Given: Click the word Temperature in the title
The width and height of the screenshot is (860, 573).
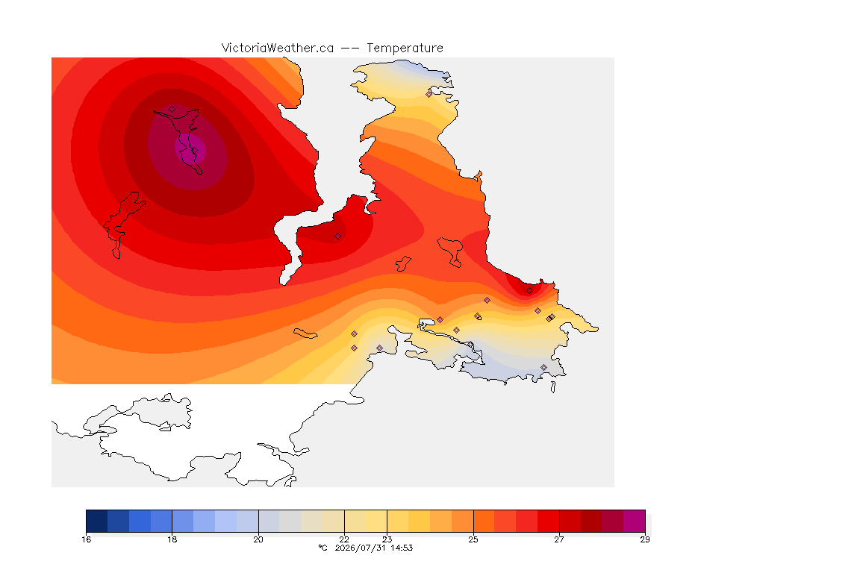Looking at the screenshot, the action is (405, 48).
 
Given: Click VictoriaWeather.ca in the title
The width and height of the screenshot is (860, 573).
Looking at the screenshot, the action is (278, 48).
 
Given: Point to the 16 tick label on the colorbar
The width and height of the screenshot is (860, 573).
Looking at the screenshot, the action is (86, 539).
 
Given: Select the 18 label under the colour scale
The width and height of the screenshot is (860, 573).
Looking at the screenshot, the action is (172, 539).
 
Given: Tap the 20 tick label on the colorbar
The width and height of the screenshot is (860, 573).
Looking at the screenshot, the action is (258, 539).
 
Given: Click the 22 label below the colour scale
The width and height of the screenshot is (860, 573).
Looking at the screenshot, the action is (344, 539).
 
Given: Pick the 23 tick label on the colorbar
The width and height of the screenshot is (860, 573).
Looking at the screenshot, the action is (387, 539).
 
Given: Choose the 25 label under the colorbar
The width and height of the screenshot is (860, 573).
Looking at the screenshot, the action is (473, 539).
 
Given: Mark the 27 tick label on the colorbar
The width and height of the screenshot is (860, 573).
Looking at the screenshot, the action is (559, 539).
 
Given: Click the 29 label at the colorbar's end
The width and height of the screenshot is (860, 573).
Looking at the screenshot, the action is (645, 539).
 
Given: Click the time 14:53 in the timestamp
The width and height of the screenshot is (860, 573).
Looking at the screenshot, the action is (402, 548).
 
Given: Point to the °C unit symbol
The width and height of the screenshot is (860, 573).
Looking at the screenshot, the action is (322, 548).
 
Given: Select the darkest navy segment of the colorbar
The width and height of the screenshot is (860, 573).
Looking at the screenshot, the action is (97, 521).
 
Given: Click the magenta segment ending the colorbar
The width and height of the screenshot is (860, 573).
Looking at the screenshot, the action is (634, 521).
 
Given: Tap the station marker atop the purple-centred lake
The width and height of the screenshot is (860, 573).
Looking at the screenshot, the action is (172, 110).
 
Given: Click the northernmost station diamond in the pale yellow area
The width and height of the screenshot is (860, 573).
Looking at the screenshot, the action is (429, 94).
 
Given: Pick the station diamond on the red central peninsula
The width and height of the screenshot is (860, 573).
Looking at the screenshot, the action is (338, 237).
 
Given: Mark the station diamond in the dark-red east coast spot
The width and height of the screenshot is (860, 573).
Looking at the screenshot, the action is (529, 291).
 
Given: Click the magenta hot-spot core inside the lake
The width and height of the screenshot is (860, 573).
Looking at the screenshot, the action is (190, 148).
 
